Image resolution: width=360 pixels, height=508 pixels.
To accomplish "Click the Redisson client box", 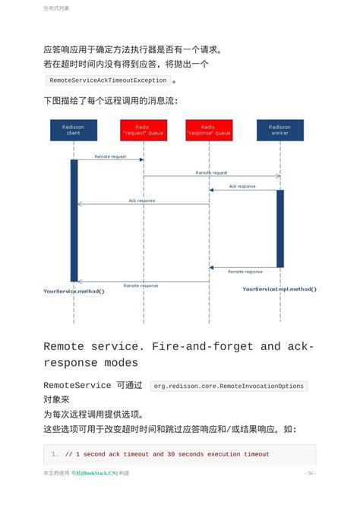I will coord(74,130).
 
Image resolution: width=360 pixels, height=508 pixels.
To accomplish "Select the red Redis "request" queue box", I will coord(144,130).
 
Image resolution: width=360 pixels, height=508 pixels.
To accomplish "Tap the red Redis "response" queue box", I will coord(209,130).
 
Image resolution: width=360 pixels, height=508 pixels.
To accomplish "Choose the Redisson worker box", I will coord(279,130).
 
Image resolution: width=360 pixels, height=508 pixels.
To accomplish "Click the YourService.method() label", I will coord(74,291).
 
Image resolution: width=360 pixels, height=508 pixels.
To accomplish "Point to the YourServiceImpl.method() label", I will coord(279,289).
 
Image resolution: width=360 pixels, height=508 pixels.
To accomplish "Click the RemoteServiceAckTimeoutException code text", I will coord(108,80).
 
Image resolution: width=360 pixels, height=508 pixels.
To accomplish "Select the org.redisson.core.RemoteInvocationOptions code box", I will coord(229,387).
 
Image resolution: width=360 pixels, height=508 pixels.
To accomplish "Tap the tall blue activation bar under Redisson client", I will coord(74,220).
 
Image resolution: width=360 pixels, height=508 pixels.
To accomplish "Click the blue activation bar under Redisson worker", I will coord(279,228).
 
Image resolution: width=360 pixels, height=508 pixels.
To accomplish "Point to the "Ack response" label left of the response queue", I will coord(142,200).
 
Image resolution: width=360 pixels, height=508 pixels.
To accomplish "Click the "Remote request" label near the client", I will coord(110,156).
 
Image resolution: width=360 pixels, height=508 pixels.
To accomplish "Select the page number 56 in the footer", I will coord(311,473).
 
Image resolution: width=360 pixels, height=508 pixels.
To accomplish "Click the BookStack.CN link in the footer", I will coord(95,473).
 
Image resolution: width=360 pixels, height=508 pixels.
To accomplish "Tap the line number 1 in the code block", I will coord(55,454).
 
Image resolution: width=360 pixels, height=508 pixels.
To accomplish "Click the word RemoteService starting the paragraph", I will coord(76,386).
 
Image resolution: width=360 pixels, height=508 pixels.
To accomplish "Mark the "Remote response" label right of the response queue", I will coord(245,271).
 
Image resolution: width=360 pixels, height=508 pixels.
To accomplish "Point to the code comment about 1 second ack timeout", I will coord(167,454).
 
